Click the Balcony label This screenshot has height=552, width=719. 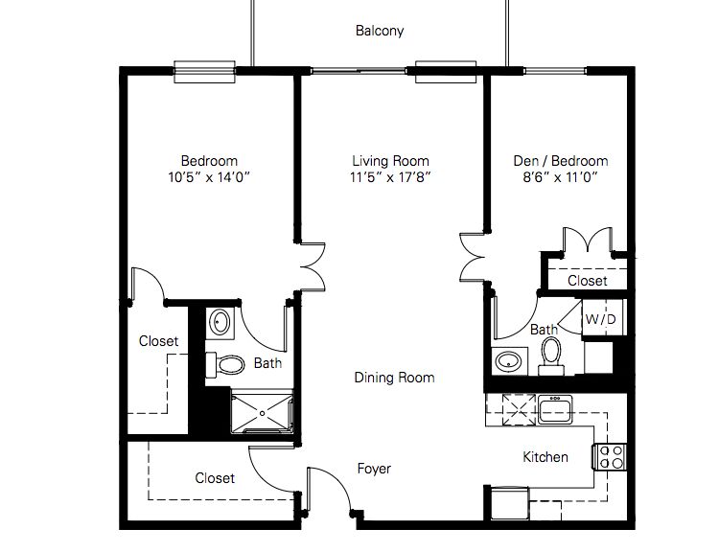pos(380,31)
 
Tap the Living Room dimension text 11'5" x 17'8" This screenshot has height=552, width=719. pos(390,177)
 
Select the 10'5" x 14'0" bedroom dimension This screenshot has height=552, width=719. pos(209,177)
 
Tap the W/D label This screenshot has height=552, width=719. pos(601,318)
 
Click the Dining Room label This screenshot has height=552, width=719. pos(395,378)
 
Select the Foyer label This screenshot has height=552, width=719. pos(374,469)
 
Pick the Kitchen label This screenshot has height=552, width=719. pos(545,457)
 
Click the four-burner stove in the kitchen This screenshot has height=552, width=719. pos(611,457)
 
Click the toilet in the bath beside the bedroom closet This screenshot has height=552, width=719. pos(226,364)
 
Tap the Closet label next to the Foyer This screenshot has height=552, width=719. pos(215,477)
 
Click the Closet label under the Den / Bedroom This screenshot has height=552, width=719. pos(587,281)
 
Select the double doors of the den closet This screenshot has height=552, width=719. pos(586,241)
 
